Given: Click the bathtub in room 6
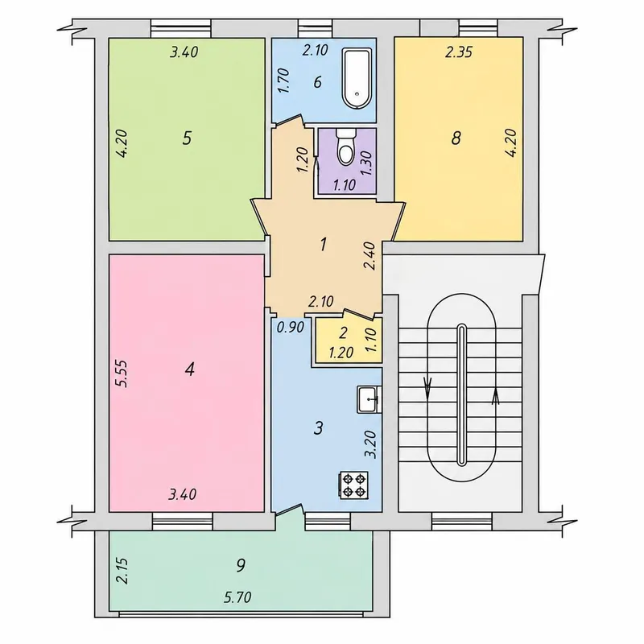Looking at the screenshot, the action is tap(357, 78).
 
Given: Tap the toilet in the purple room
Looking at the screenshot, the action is tap(345, 146).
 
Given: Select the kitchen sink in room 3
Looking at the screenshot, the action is tap(369, 399).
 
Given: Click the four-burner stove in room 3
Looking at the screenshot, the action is tap(354, 485).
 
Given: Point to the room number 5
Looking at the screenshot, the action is tap(187, 138).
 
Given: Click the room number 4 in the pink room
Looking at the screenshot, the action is tap(189, 369).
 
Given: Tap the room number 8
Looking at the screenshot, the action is tap(456, 138).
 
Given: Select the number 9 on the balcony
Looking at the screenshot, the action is tap(241, 565).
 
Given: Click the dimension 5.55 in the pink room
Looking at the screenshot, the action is tap(122, 374).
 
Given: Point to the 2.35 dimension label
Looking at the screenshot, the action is tap(459, 52).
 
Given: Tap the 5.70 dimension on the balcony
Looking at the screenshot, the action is tap(237, 597).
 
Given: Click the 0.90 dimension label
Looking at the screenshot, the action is tap(290, 328).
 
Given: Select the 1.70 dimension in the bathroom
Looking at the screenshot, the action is tap(284, 80).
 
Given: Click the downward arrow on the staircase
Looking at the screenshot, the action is tap(427, 388).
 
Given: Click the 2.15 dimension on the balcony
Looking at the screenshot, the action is tap(122, 571).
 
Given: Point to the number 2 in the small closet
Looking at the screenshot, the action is tap(344, 332).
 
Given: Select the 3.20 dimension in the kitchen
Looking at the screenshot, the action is tap(371, 444).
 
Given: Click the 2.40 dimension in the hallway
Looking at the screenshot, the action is tap(370, 256).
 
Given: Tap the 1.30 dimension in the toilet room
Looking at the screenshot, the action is tap(366, 163).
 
